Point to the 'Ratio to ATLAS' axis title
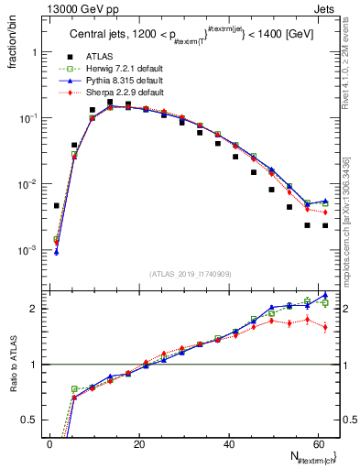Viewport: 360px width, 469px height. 12,364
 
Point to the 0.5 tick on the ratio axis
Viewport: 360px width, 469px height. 33,420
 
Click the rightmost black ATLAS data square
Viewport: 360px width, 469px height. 325,225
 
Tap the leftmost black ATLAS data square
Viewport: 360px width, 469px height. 57,206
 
